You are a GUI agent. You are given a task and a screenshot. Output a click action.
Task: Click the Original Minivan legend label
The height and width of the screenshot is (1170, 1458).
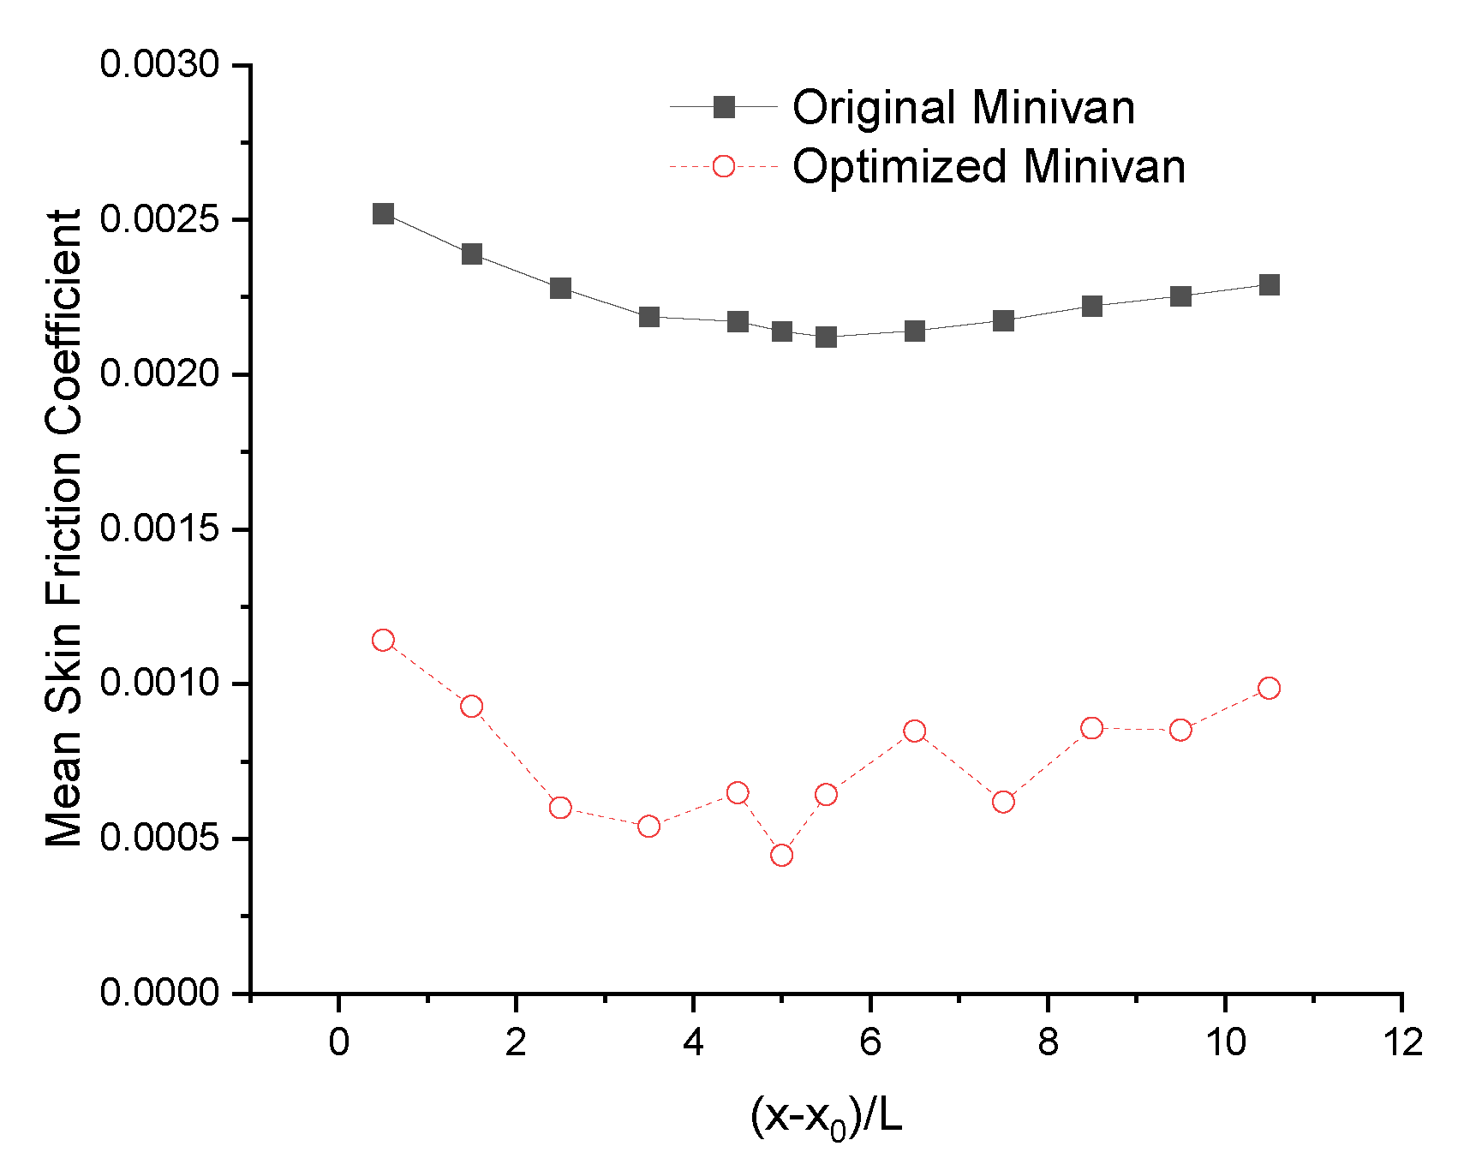[x=963, y=108]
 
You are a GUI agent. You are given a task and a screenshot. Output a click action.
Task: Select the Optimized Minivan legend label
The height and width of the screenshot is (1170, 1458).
[x=989, y=166]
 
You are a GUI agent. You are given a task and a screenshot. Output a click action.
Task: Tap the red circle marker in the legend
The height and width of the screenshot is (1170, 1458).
[x=724, y=166]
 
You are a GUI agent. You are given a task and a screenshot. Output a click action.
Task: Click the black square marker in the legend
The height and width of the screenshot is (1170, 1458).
[x=724, y=107]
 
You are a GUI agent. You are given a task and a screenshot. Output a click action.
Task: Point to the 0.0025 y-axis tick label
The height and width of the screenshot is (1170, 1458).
[x=159, y=219]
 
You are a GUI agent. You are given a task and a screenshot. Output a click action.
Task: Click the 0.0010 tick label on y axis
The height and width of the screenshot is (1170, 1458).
[x=159, y=683]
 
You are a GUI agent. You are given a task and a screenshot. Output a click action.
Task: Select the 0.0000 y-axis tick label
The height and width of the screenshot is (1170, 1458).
[x=159, y=993]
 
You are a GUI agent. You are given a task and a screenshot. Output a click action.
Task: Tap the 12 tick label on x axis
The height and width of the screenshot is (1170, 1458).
[x=1402, y=1043]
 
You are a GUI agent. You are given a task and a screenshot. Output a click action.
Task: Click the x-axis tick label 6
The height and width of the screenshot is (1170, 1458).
[x=870, y=1043]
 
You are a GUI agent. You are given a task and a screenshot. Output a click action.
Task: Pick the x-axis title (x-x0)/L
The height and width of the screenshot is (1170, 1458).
[x=827, y=1117]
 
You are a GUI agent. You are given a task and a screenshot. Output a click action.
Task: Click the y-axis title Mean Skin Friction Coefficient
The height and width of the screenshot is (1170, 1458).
[x=64, y=528]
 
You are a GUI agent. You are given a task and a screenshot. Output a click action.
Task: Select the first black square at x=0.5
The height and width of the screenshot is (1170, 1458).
[x=384, y=213]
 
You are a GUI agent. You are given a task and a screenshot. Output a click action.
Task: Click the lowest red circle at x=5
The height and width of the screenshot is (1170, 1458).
[x=781, y=855]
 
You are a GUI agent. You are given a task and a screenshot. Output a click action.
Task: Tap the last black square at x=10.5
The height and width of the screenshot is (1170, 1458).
[x=1270, y=284]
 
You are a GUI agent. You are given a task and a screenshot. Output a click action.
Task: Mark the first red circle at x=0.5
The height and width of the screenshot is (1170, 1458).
[x=384, y=640]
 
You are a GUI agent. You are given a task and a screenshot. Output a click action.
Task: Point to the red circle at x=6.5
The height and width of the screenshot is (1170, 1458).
[x=915, y=731]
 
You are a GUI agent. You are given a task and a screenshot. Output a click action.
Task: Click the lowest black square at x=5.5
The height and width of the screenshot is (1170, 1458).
[x=826, y=337]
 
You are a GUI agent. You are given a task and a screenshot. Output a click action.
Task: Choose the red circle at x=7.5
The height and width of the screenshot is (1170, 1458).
[x=1003, y=802]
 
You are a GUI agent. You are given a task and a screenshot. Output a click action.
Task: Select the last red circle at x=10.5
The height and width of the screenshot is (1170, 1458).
[x=1270, y=688]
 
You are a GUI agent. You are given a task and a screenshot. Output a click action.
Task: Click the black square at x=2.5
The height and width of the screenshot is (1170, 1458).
[x=560, y=288]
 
